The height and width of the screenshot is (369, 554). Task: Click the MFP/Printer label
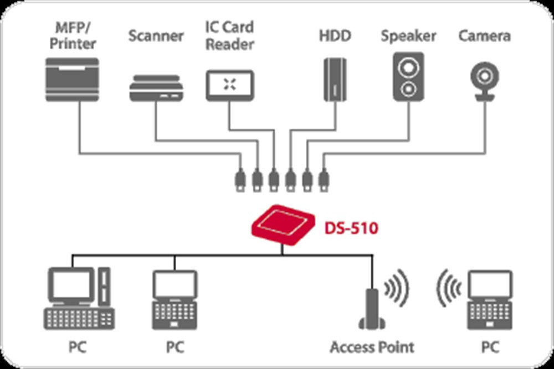tap(71, 35)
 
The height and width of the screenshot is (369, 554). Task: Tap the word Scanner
tap(156, 37)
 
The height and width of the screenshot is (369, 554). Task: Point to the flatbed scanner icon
tap(156, 89)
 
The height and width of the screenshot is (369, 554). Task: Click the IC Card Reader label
tap(229, 35)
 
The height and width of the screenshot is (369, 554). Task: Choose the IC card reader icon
tap(229, 85)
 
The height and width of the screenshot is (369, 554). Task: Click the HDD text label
tap(336, 37)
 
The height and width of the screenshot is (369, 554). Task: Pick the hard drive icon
tap(336, 79)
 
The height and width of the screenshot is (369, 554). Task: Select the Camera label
tap(484, 37)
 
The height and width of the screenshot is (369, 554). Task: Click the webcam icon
tap(485, 80)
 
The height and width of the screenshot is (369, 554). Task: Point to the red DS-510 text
tap(351, 227)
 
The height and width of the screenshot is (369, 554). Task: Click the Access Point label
tap(372, 347)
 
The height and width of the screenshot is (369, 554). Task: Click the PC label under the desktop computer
tap(78, 347)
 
